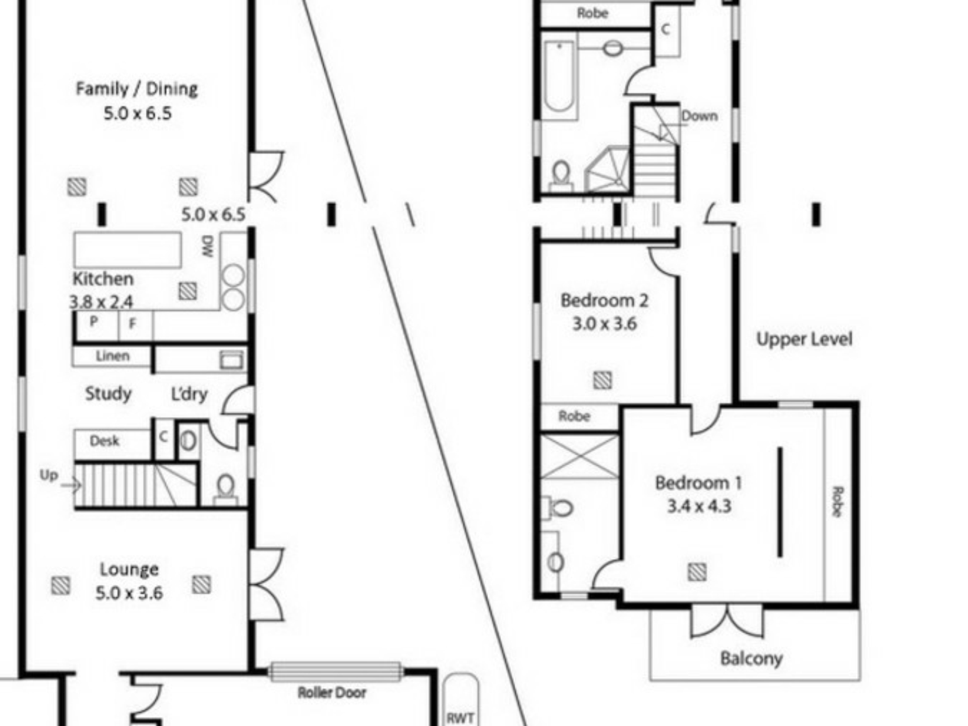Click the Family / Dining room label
(137, 89)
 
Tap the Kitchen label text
(103, 279)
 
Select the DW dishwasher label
(209, 247)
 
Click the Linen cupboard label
(113, 356)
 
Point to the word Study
(108, 393)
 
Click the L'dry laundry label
(190, 394)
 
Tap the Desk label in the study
(104, 441)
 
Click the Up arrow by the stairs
(71, 486)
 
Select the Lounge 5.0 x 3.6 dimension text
(130, 593)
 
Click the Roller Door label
(332, 693)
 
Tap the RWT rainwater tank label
(460, 718)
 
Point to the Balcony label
(751, 658)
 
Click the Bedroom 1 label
(698, 483)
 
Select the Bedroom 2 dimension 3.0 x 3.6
(604, 324)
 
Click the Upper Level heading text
(805, 339)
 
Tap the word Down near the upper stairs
(700, 116)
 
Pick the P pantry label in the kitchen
(94, 321)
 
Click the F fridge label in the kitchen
(133, 324)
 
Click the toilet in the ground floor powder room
(225, 489)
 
